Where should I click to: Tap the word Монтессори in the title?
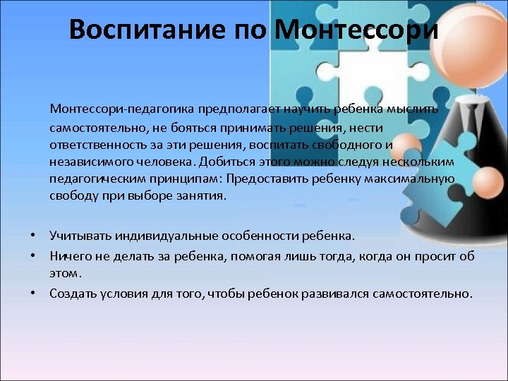coord(356,30)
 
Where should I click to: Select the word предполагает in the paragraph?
coord(238,109)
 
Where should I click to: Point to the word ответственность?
coord(94,145)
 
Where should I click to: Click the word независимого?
coord(87,162)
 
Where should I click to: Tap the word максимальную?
coord(410,179)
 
